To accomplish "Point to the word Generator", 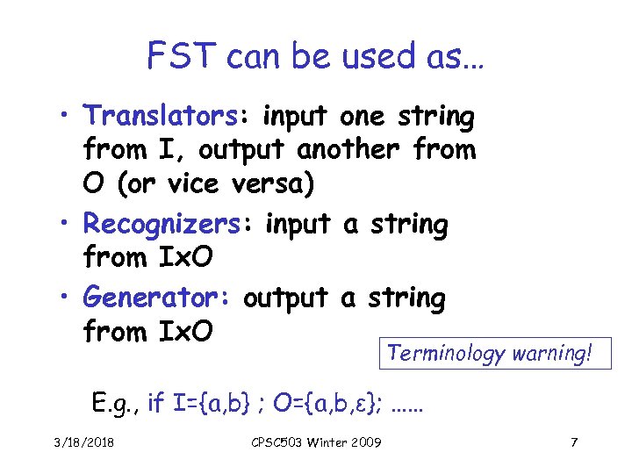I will click(154, 298).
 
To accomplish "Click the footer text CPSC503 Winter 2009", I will click(312, 441).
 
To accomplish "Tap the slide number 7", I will click(573, 441).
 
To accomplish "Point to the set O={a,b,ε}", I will click(329, 403).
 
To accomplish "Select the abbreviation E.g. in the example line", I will click(116, 403).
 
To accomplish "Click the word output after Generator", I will click(287, 298).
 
